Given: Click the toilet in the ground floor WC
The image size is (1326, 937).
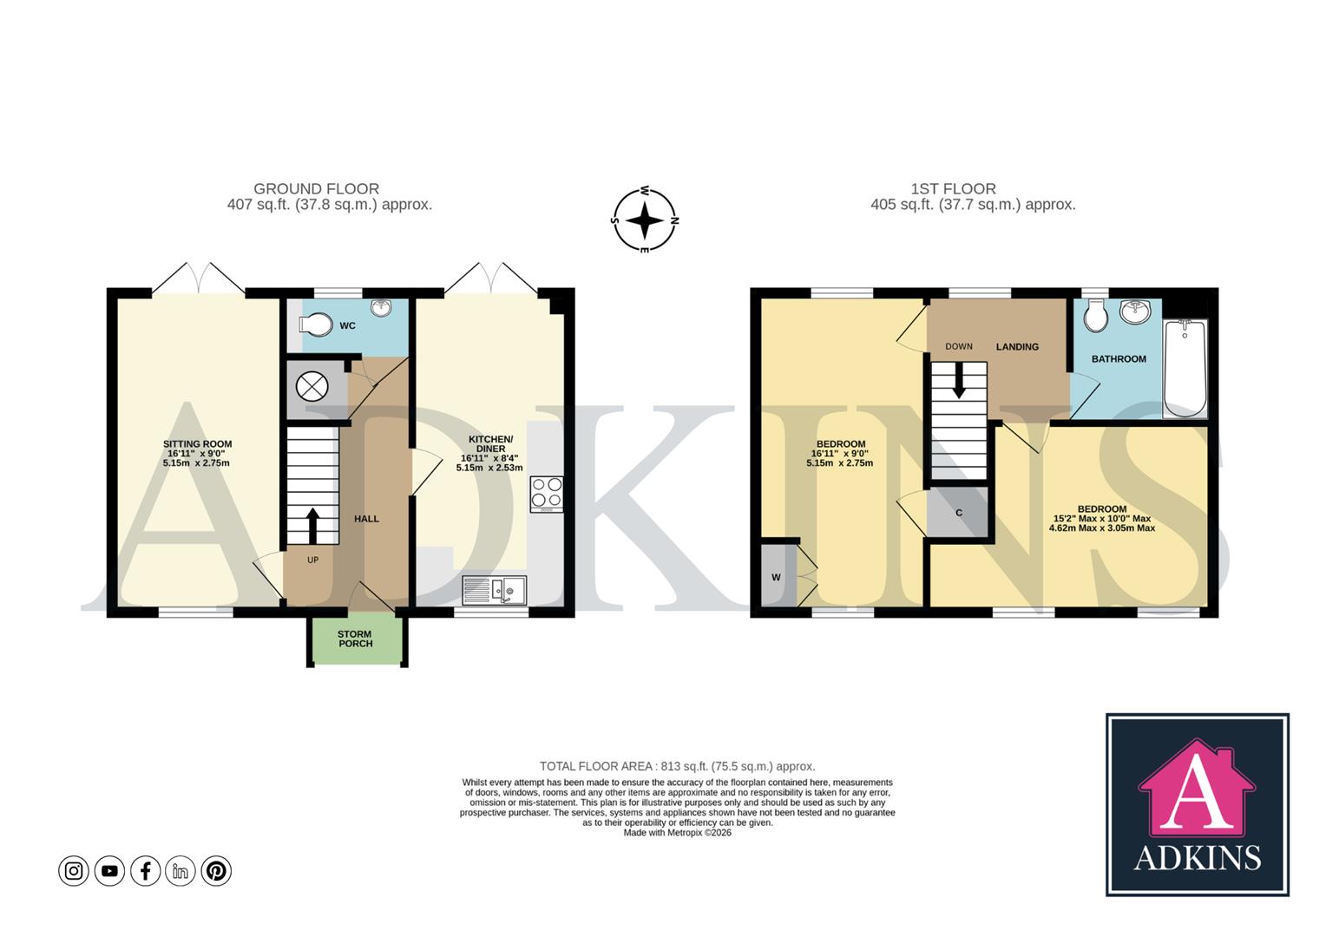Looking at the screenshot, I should click(x=316, y=325).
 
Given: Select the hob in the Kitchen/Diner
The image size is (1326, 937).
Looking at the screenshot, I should click(x=547, y=493).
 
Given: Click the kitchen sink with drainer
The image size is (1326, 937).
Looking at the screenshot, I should click(x=494, y=591).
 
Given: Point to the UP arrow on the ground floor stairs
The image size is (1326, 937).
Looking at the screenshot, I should click(x=312, y=525).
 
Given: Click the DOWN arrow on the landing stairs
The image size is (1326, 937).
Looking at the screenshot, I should click(x=959, y=381).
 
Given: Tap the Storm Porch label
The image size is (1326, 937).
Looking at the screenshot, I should click(x=355, y=639).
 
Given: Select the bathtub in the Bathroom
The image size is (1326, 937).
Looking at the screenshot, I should click(x=1185, y=369).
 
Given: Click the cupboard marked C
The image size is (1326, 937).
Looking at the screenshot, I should click(x=959, y=513).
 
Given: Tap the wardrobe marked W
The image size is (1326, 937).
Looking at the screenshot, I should click(x=777, y=577).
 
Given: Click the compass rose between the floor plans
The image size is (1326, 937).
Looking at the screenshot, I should click(x=646, y=220).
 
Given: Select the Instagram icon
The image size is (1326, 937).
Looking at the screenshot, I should click(x=74, y=870).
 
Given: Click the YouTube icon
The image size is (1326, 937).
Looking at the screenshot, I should click(x=109, y=870).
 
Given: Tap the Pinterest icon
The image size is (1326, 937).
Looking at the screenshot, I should click(x=216, y=870).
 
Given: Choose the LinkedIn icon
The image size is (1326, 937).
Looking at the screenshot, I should click(x=181, y=870).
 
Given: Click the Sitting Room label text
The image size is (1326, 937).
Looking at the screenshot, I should click(x=197, y=444).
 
